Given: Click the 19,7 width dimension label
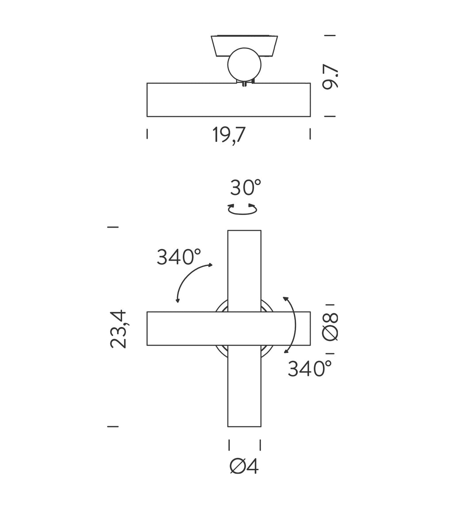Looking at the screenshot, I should pos(229,134).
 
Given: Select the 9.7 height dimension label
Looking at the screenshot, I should pos(330,76).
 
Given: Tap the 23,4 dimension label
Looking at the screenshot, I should pos(119,329).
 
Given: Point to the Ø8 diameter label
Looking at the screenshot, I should pos(330,327).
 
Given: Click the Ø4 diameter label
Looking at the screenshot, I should pos(244,466).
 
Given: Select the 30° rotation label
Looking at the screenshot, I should pos(245,188).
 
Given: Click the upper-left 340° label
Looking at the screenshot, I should pos(179,257).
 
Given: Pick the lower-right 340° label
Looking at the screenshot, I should pos(310,369).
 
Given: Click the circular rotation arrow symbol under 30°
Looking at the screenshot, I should pos(242,209).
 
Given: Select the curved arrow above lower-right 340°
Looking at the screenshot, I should pos(292,325).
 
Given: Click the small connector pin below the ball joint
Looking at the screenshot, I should pos(244,84).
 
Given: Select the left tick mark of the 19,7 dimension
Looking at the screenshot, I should pos(147,134).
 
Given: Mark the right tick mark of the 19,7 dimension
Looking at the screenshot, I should pos(310,134).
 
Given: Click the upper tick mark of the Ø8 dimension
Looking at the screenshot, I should pos(330,305).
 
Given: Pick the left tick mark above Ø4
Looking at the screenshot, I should pos(229,445).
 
